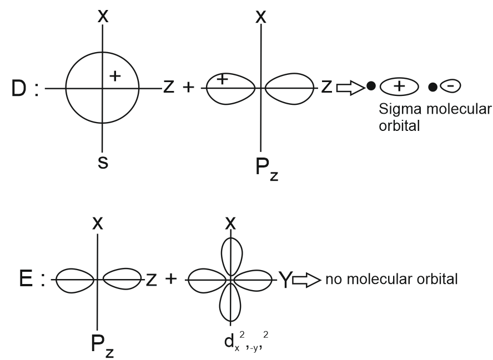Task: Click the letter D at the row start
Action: point(16,89)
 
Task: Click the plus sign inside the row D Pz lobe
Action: point(222,79)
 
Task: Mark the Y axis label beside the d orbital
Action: point(283,277)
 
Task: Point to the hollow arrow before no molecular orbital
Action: point(305,277)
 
